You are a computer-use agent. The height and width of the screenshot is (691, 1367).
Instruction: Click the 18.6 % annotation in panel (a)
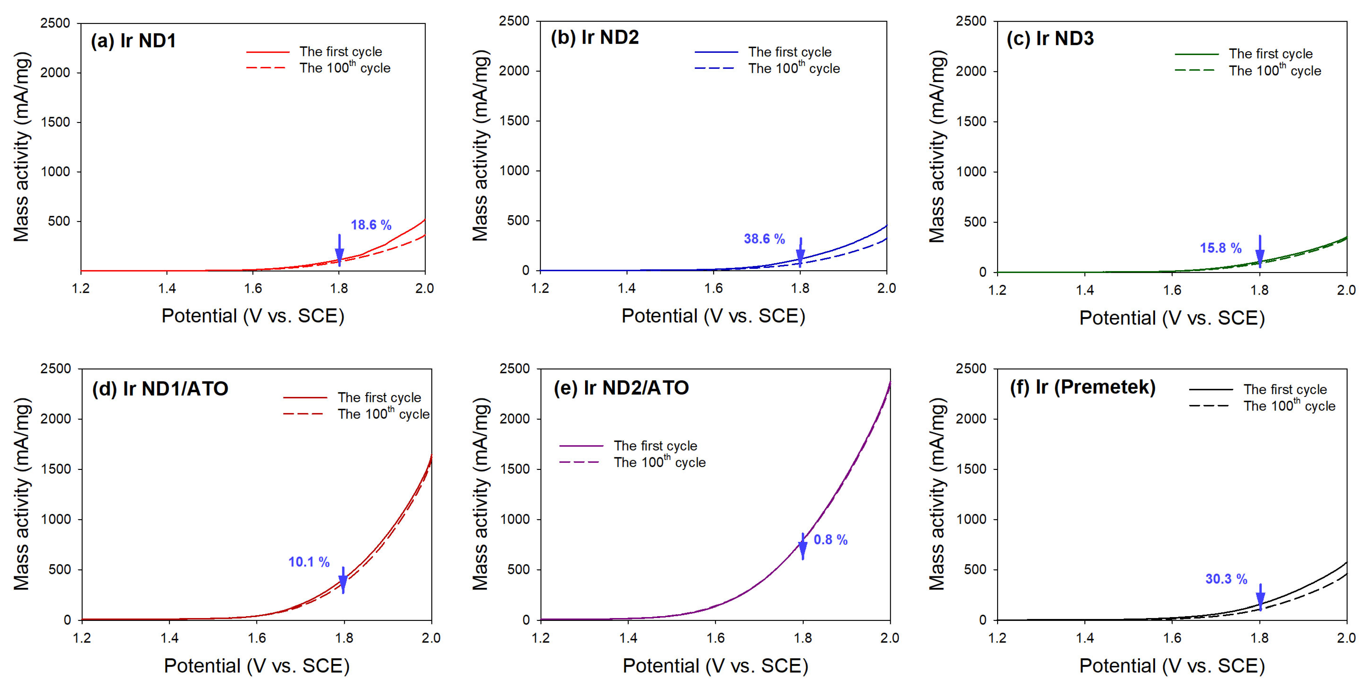tap(371, 225)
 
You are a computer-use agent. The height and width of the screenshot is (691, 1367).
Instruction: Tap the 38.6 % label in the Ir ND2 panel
tap(764, 239)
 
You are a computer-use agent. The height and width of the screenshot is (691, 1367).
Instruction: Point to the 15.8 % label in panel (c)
tap(1220, 248)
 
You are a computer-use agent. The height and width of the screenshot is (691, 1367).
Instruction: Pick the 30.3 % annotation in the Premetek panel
tap(1226, 578)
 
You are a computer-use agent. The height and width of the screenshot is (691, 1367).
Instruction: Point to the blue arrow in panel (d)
tap(343, 580)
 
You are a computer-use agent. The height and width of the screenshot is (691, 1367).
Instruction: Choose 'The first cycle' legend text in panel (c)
tap(1270, 53)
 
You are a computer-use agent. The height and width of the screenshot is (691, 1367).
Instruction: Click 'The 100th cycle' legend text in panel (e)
tap(660, 462)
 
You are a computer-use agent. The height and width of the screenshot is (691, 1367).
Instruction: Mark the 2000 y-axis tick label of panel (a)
tap(55, 73)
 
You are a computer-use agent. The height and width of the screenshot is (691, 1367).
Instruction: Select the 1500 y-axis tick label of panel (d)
tap(55, 469)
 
